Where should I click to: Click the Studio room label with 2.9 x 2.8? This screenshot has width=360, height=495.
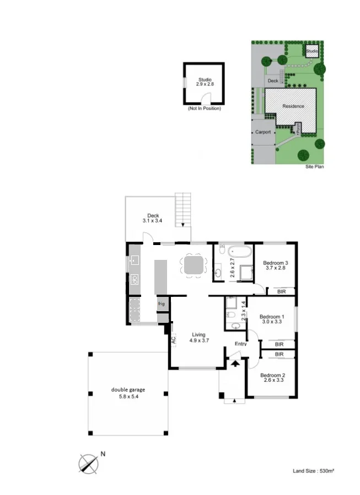(x=205, y=82)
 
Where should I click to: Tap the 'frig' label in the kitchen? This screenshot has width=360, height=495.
(x=161, y=304)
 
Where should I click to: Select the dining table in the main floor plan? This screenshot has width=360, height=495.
(x=194, y=265)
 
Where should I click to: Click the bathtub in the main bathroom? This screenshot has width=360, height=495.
(x=240, y=252)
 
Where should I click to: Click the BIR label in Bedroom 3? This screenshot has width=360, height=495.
(x=281, y=292)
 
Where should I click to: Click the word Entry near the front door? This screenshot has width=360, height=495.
(x=241, y=344)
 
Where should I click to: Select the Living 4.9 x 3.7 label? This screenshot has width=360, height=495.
(x=199, y=338)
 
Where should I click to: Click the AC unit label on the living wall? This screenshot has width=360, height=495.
(x=173, y=340)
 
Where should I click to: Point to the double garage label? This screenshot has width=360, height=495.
(x=128, y=393)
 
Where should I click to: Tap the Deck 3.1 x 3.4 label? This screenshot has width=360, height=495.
(x=153, y=218)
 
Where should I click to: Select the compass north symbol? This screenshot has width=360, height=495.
(x=89, y=464)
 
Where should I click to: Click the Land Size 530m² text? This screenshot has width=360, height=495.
(x=313, y=471)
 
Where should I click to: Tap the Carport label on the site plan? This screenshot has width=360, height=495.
(x=263, y=132)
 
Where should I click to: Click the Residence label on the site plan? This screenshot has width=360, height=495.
(x=293, y=106)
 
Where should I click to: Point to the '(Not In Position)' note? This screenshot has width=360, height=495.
(x=205, y=108)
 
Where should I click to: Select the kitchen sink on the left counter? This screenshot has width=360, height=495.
(x=135, y=260)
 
